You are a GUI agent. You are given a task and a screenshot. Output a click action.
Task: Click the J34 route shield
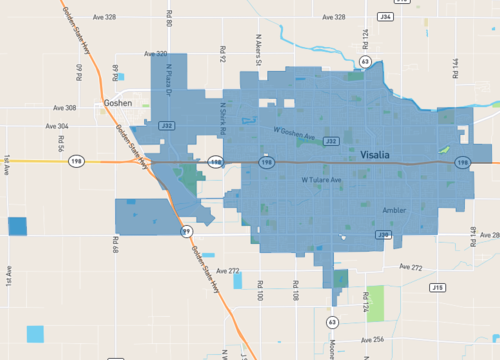click(385, 17)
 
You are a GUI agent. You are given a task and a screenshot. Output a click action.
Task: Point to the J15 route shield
click(437, 287)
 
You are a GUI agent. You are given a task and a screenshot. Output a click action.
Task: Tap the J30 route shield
click(383, 235)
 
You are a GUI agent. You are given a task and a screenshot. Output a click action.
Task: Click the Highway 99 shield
click(186, 230)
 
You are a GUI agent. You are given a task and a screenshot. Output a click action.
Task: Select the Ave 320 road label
click(155, 54)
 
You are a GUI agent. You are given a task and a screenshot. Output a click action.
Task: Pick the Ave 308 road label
click(64, 108)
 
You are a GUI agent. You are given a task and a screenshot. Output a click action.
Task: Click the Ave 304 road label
click(57, 126)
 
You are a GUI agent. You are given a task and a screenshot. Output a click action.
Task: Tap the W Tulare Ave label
click(322, 180)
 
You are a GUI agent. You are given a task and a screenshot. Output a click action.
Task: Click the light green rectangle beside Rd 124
click(376, 298)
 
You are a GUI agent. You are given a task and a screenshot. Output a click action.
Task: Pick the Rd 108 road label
click(296, 291)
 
